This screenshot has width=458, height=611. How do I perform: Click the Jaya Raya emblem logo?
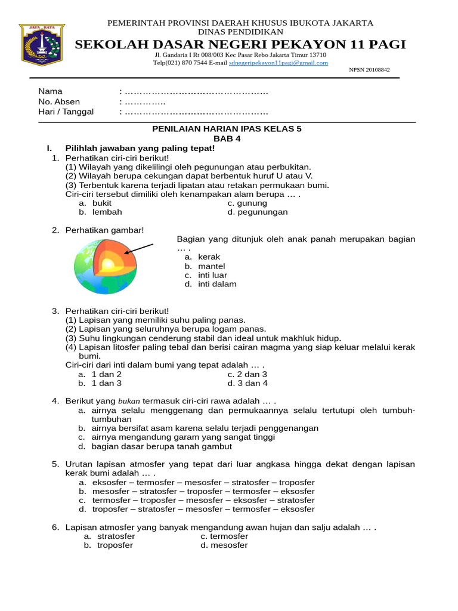coord(42,45)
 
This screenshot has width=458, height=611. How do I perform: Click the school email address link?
coord(278,63)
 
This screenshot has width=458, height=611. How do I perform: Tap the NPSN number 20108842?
coord(369,70)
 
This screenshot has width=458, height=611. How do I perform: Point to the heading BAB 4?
coord(227,138)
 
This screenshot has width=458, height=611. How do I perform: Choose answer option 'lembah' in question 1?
coord(107,212)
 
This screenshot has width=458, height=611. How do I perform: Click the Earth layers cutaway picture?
coord(106,266)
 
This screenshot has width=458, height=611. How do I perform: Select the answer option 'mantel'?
coord(211,266)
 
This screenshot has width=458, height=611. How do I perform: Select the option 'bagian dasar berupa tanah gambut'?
coord(162,446)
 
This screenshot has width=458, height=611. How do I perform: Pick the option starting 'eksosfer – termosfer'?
coord(203,482)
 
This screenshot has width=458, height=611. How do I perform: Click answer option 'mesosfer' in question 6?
coord(229,545)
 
